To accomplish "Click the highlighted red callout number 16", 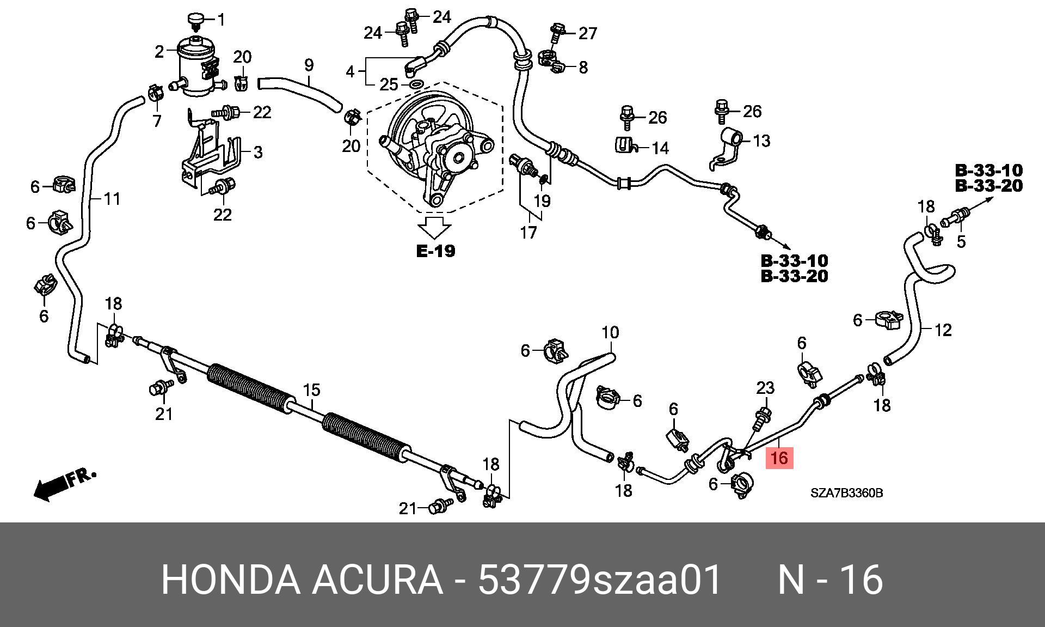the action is (779, 458).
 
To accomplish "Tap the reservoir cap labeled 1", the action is (195, 20).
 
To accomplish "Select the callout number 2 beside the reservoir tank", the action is (159, 52).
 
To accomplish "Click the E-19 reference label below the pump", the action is (435, 251).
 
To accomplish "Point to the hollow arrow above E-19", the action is (434, 227).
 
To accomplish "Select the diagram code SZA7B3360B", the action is (846, 494).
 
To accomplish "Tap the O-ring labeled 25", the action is (416, 84).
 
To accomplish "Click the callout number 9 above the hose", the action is (309, 65).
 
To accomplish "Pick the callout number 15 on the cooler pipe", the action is (311, 390).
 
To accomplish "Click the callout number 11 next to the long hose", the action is (112, 199).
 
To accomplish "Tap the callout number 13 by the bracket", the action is (761, 141).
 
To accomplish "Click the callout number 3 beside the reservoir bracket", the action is (258, 152).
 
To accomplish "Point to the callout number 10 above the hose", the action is (610, 332).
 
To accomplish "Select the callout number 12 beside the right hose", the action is (943, 330).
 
